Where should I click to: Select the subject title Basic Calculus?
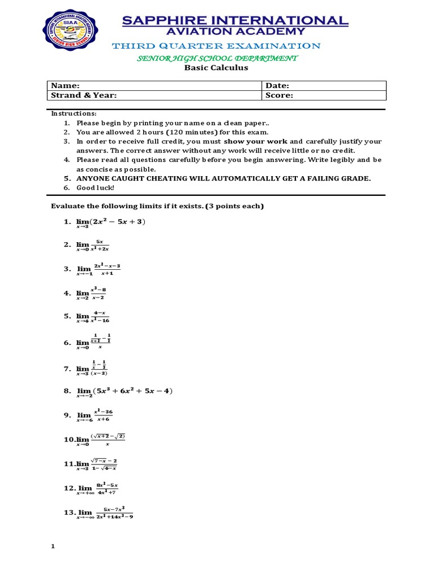tap(216, 68)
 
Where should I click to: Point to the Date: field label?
tap(277, 85)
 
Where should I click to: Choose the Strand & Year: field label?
tap(84, 95)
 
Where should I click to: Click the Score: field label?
tap(279, 95)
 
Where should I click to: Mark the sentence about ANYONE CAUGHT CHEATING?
tap(224, 178)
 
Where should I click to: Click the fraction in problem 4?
tap(99, 293)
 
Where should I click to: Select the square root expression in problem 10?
tap(108, 436)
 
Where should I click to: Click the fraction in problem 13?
tap(114, 512)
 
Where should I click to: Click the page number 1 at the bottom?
tap(52, 546)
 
